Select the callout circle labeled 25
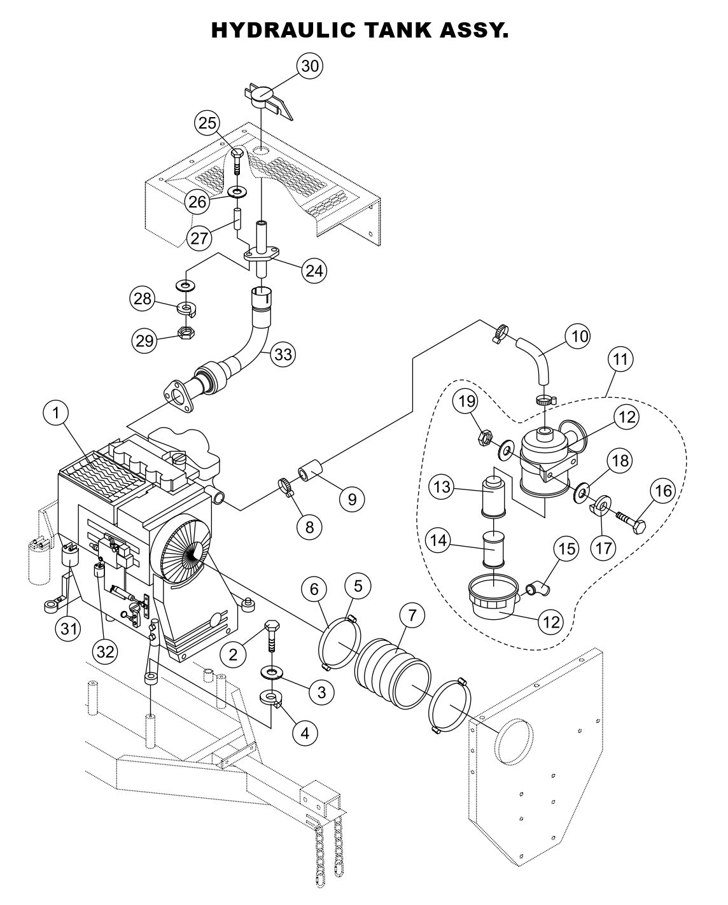207,123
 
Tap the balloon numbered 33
283,354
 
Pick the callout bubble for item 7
412,615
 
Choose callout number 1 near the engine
56,414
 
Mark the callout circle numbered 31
69,628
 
